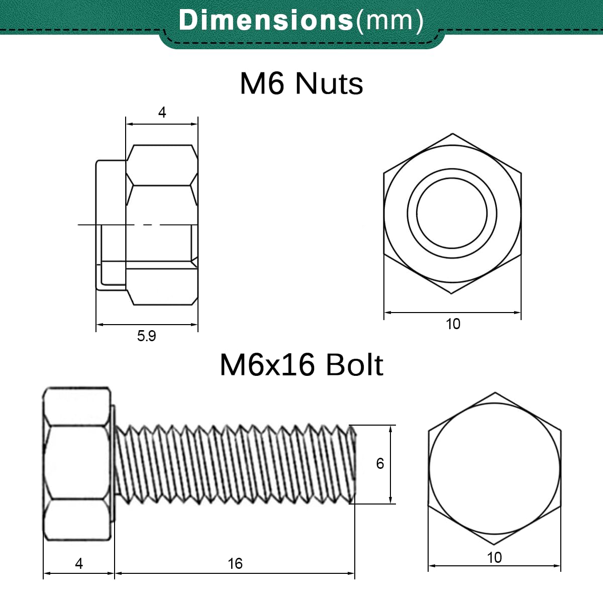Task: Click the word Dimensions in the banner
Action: (x=266, y=20)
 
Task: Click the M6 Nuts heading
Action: (x=301, y=83)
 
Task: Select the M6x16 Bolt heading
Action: (x=301, y=364)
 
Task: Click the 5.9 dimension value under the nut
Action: (x=146, y=336)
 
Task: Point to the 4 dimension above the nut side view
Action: (x=162, y=113)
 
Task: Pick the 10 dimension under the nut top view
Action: (x=453, y=324)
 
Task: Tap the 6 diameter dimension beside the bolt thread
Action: (x=380, y=464)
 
